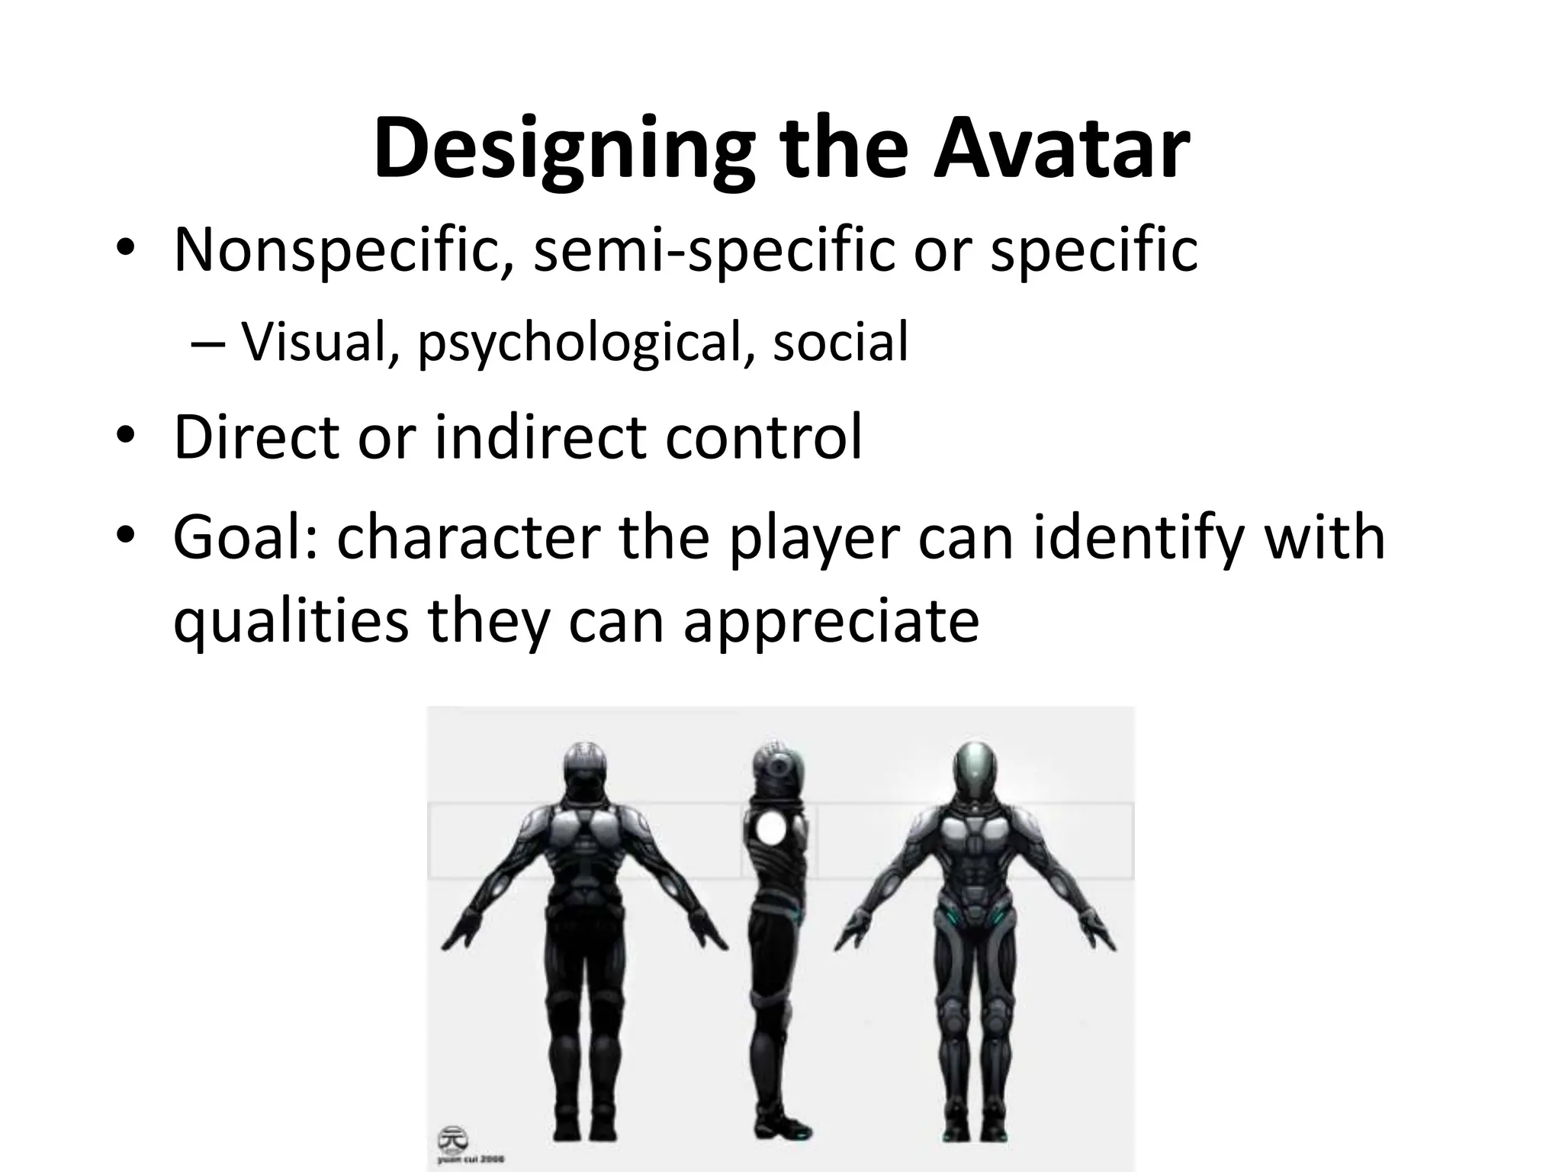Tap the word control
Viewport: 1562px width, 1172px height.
763,436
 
